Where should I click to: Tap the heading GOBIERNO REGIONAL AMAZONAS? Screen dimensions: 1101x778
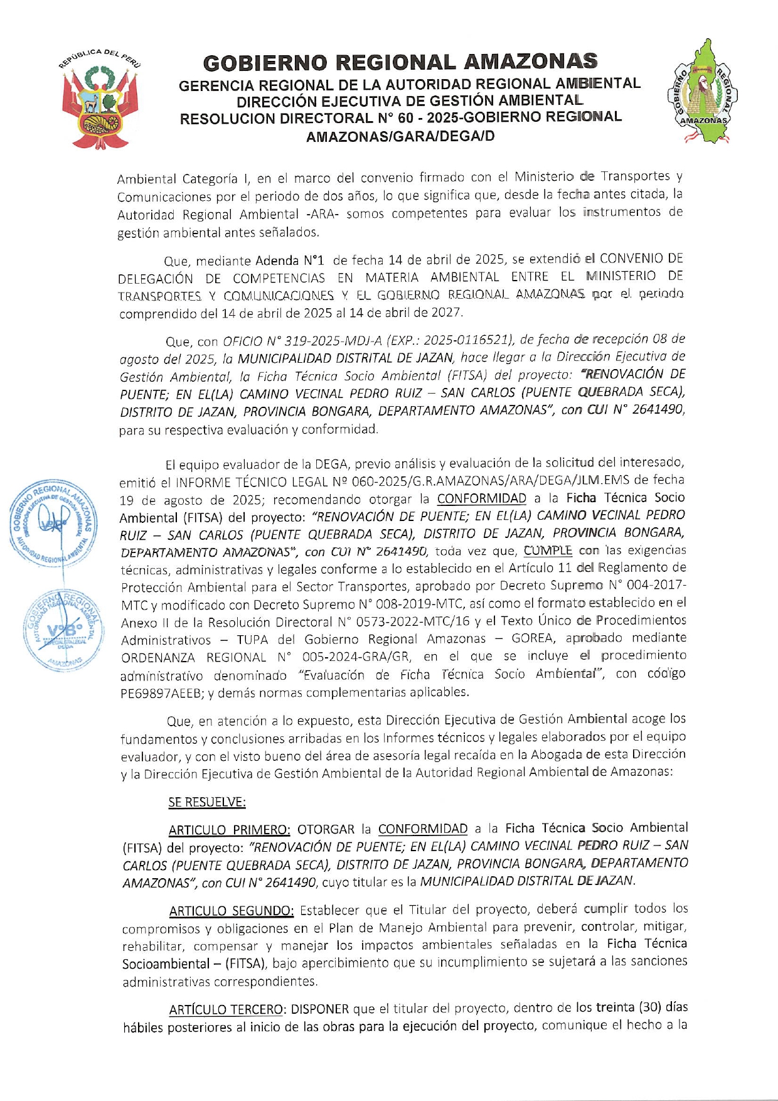pos(400,62)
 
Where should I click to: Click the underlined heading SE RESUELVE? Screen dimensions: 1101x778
pos(207,802)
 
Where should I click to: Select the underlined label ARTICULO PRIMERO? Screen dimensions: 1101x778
pos(230,830)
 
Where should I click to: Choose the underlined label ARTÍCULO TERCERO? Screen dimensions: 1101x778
pos(226,1009)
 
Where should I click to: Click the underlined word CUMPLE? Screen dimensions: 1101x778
pos(548,550)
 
